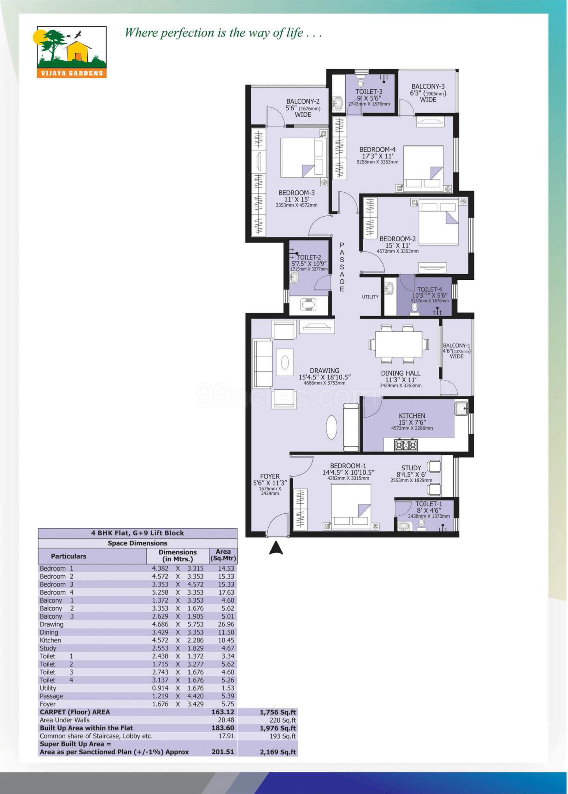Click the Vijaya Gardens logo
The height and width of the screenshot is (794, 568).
pos(72,52)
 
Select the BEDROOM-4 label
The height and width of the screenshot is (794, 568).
pos(377,149)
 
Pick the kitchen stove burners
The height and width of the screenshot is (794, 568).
pos(406,445)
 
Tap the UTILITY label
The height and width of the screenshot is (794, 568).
pos(370,297)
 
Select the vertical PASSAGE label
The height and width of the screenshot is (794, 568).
pos(342,267)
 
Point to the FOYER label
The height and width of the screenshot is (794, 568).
pos(270,476)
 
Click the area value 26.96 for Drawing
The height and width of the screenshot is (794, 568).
pos(226,624)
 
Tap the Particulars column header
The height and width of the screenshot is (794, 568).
pos(69,556)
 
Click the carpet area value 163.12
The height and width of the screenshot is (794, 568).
pos(223,712)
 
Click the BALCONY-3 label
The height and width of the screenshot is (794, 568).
pos(428,86)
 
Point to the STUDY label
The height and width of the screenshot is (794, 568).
pos(411,468)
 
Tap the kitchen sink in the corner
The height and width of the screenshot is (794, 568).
pos(461,409)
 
